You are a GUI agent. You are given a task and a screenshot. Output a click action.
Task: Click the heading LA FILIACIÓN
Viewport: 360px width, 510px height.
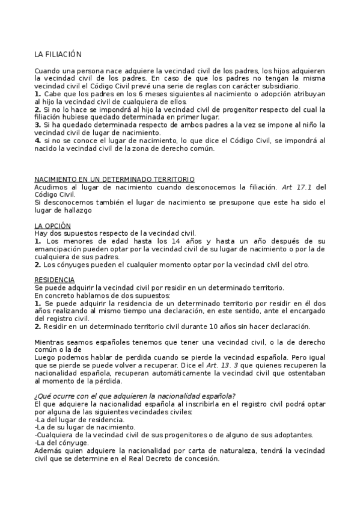click(58, 55)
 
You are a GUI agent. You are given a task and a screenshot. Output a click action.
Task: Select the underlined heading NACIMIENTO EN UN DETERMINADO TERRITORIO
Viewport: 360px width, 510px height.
click(114, 179)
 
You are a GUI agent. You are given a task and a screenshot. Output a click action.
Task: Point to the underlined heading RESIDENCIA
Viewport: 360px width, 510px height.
click(55, 280)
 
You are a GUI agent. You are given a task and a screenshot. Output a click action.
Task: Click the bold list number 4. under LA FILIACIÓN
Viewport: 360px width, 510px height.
click(38, 140)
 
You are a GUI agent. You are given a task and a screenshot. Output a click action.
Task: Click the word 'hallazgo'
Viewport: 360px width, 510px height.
click(89, 210)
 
